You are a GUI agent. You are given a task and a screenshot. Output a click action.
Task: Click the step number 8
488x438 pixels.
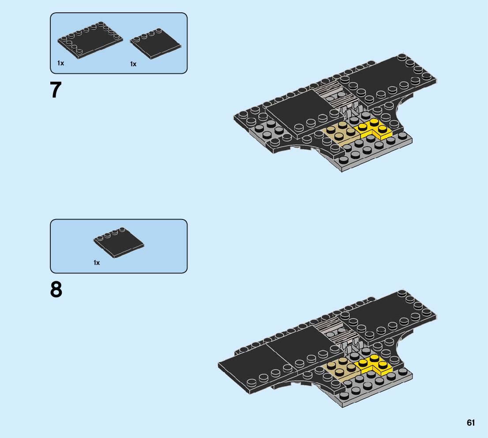(x=56, y=290)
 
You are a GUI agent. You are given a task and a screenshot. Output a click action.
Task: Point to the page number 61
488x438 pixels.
(x=471, y=423)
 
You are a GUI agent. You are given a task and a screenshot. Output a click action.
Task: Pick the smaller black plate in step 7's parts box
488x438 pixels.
(x=155, y=43)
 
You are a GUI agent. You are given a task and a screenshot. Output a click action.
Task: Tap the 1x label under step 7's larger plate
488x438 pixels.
(x=60, y=63)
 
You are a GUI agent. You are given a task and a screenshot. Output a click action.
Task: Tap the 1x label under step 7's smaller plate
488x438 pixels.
(x=133, y=64)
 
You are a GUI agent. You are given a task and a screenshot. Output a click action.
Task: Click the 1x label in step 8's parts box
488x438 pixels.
(x=97, y=263)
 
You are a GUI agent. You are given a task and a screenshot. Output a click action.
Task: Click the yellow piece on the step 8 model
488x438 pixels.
(x=374, y=364)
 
